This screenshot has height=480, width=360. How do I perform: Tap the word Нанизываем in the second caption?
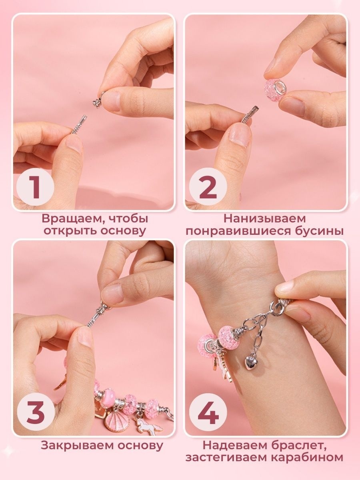tap(264, 219)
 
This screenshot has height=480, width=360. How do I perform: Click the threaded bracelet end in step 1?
tap(78, 126)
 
